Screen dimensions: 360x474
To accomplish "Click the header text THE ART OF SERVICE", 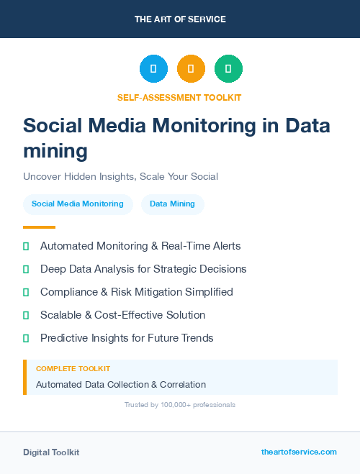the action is [179, 19].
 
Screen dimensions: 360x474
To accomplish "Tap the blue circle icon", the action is [153, 69].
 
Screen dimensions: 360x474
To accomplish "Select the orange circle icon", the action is [191, 69].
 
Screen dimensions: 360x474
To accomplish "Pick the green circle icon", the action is [228, 69].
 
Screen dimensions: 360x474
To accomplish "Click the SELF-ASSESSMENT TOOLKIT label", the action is [179, 97].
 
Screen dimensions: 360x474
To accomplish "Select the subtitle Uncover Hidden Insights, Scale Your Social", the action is [120, 176].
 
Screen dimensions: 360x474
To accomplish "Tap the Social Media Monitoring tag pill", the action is [78, 204].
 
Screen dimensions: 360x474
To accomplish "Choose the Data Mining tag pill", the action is [172, 204].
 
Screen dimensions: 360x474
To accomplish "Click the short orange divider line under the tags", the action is [39, 227].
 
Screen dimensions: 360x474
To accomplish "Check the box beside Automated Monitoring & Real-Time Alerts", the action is [26, 246].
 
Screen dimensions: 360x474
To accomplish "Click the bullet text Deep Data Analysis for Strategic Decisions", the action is [143, 269].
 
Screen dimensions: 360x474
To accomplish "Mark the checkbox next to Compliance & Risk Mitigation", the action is [26, 292].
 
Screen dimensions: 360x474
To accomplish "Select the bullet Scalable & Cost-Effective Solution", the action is [122, 315].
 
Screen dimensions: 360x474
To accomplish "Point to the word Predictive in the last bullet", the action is [63, 338].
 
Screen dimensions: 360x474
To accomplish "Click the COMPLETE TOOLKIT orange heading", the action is [73, 368].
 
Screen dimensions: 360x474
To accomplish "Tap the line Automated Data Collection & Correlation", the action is [121, 385].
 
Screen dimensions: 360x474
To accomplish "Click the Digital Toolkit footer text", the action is [51, 452].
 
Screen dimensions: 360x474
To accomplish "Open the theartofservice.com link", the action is [299, 452].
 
